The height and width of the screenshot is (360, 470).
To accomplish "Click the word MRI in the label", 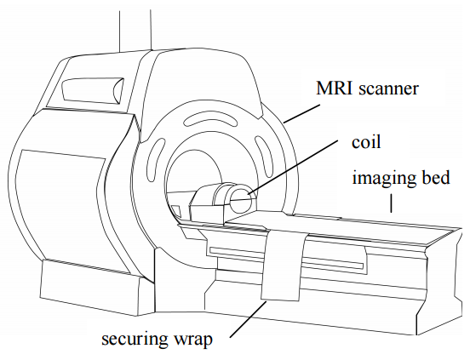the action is point(335,89).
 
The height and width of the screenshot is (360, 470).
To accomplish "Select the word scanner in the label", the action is point(388,89).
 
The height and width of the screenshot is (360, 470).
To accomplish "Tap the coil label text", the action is point(366,141).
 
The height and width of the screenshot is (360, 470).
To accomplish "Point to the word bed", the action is point(436,177).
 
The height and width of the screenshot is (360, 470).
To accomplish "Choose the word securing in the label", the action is point(135,340).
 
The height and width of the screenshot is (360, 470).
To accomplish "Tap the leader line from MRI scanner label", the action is point(301,113).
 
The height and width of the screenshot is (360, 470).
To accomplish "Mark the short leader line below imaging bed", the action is point(391,203).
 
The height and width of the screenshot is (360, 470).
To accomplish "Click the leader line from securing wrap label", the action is point(248,319).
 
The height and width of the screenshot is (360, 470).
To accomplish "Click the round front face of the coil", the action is point(241,199).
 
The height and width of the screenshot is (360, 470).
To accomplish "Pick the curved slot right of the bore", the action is point(264,156).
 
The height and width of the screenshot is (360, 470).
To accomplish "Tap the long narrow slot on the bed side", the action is point(286,258).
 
